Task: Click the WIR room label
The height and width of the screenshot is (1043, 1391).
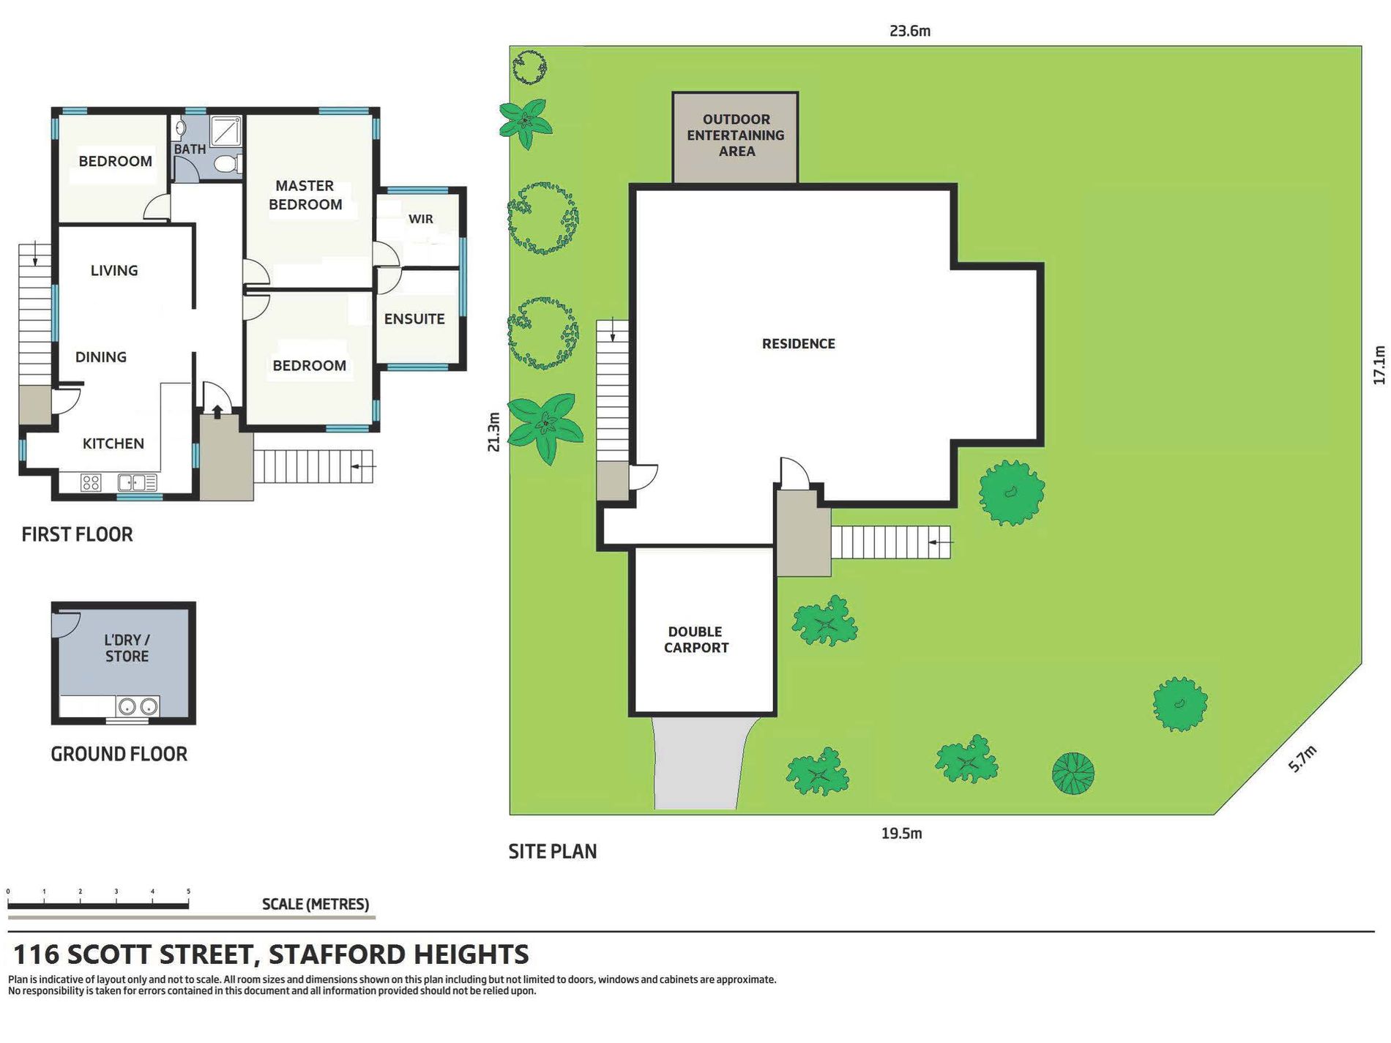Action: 421,219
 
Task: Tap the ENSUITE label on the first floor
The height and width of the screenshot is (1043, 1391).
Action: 414,319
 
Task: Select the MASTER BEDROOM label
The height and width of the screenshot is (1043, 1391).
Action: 305,195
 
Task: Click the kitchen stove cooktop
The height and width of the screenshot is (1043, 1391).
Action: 91,482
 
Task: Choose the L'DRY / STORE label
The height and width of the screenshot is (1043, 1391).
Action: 127,648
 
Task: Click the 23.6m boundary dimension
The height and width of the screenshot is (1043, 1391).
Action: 910,31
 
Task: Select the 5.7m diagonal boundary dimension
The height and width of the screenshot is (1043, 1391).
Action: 1302,759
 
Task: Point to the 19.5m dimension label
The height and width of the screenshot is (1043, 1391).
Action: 901,833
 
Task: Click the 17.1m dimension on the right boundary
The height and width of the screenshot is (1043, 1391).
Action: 1379,365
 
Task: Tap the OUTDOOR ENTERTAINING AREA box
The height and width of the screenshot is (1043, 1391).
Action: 735,137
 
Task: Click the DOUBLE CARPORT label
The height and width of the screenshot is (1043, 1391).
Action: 695,640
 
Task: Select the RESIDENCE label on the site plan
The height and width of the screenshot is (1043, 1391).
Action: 798,344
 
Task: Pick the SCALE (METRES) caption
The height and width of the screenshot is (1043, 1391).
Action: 316,904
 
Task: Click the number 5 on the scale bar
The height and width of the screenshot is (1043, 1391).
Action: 188,891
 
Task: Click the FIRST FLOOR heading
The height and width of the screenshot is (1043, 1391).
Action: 77,534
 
